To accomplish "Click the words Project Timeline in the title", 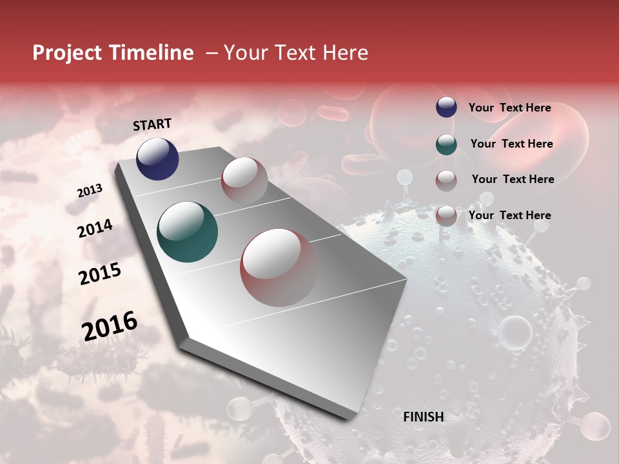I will pyautogui.click(x=113, y=53).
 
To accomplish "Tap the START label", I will pyautogui.click(x=152, y=124).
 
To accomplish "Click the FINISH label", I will pyautogui.click(x=423, y=417).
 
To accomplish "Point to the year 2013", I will pyautogui.click(x=90, y=191).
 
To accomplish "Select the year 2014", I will pyautogui.click(x=95, y=228).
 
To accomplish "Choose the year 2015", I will pyautogui.click(x=99, y=273).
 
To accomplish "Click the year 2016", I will pyautogui.click(x=109, y=326).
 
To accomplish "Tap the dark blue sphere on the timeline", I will pyautogui.click(x=157, y=159).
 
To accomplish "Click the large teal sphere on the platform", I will pyautogui.click(x=187, y=232).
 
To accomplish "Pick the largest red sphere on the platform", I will pyautogui.click(x=279, y=267).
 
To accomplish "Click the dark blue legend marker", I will pyautogui.click(x=446, y=108).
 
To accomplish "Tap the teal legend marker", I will pyautogui.click(x=446, y=144).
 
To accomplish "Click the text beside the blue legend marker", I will pyautogui.click(x=509, y=108).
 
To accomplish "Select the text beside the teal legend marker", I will pyautogui.click(x=511, y=144).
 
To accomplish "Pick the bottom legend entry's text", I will pyautogui.click(x=509, y=215).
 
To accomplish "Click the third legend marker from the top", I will pyautogui.click(x=446, y=180).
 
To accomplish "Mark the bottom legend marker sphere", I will pyautogui.click(x=446, y=216).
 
